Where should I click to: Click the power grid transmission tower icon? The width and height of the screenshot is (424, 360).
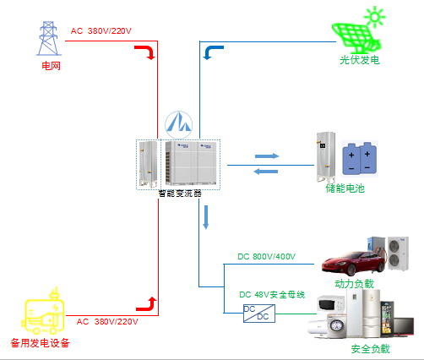(x=48, y=38)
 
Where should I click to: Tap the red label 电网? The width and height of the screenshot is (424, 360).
(x=51, y=66)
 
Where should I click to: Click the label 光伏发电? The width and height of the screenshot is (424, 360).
(x=360, y=60)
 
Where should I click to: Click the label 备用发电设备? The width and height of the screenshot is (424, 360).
(x=40, y=343)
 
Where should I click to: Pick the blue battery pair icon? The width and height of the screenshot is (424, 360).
(x=360, y=159)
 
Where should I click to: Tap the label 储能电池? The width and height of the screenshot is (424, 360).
(x=345, y=188)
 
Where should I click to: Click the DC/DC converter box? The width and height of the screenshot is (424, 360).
(x=259, y=313)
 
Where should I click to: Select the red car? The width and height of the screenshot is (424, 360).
(x=354, y=263)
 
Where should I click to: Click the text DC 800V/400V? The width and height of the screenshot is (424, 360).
(x=266, y=257)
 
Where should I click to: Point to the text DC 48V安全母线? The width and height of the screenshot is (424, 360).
(x=272, y=295)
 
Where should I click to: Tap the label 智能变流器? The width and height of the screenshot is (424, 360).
(x=180, y=194)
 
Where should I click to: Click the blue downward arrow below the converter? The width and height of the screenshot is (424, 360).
(x=206, y=217)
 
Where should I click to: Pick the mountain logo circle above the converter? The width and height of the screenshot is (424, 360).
(x=178, y=125)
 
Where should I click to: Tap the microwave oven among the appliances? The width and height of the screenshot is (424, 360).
(x=331, y=303)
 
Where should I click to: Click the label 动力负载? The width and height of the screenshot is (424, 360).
(x=354, y=284)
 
